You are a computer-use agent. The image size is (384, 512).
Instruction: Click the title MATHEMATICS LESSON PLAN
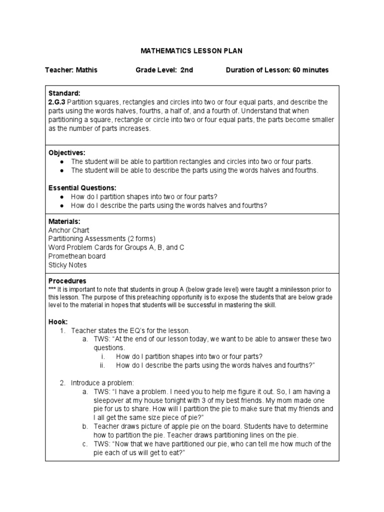(191, 51)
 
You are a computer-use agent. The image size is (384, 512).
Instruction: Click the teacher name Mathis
(86, 70)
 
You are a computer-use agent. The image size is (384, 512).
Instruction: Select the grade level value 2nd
(186, 70)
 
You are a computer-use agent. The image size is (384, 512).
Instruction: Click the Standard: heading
(64, 93)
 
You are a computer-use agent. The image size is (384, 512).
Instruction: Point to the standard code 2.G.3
(57, 102)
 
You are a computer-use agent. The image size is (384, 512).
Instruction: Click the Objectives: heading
(67, 152)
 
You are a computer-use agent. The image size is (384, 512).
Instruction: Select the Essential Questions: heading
(82, 187)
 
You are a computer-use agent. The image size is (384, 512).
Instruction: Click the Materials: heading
(64, 221)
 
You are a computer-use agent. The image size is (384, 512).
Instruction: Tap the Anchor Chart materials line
(68, 230)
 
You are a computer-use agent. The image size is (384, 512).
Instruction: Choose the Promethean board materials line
(76, 256)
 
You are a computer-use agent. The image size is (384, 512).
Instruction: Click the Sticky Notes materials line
(67, 265)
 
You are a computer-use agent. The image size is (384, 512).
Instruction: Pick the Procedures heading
(67, 281)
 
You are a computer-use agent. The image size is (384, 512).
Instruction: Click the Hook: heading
(58, 321)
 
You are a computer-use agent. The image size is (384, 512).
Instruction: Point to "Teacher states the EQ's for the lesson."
(131, 330)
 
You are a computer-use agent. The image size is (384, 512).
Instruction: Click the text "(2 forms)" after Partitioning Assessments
(138, 238)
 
